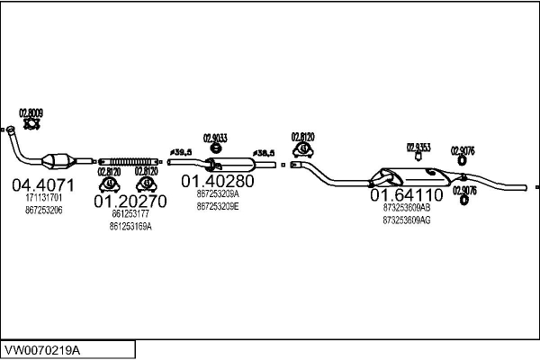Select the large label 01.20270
[x=130, y=202]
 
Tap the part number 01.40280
[x=217, y=180]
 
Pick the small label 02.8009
[x=31, y=112]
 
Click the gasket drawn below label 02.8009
[x=31, y=125]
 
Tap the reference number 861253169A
[x=130, y=227]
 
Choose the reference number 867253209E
[x=217, y=205]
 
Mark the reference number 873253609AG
[x=407, y=220]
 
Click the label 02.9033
[x=215, y=138]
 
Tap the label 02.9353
[x=418, y=146]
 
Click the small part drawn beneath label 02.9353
[x=418, y=157]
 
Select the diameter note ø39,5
[x=181, y=152]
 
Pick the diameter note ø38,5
[x=263, y=153]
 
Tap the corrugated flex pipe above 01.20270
[x=130, y=160]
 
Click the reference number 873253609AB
[x=407, y=207]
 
